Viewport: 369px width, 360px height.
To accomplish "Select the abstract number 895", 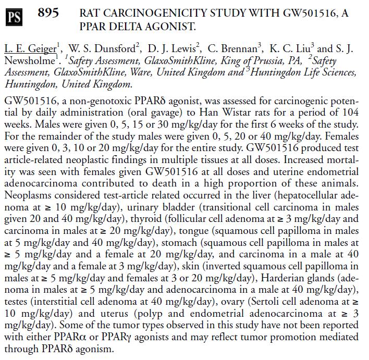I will coord(48,13).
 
